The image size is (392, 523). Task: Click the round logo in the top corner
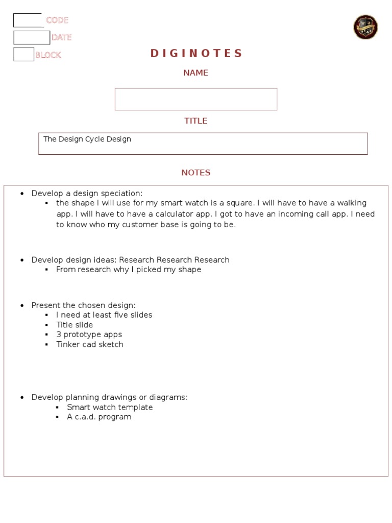pyautogui.click(x=365, y=27)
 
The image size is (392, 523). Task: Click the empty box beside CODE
pyautogui.click(x=28, y=20)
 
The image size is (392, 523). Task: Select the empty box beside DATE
pyautogui.click(x=32, y=38)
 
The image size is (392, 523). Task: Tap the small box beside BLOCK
pyautogui.click(x=23, y=55)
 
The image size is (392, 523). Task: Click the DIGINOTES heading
pyautogui.click(x=196, y=54)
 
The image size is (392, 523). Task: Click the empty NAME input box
pyautogui.click(x=196, y=99)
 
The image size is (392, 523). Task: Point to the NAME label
pyautogui.click(x=196, y=73)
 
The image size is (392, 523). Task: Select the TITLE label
pyautogui.click(x=196, y=121)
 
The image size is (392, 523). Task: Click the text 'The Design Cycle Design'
pyautogui.click(x=87, y=139)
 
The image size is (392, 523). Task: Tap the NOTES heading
pyautogui.click(x=196, y=173)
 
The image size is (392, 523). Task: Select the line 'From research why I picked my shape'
pyautogui.click(x=129, y=270)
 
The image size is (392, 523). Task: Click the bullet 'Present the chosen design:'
pyautogui.click(x=84, y=305)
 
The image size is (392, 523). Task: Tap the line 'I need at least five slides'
pyautogui.click(x=104, y=315)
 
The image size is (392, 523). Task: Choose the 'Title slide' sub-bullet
pyautogui.click(x=75, y=325)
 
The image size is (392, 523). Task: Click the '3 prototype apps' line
pyautogui.click(x=89, y=335)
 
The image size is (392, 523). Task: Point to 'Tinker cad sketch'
pyautogui.click(x=90, y=344)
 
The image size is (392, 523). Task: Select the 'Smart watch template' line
pyautogui.click(x=110, y=408)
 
